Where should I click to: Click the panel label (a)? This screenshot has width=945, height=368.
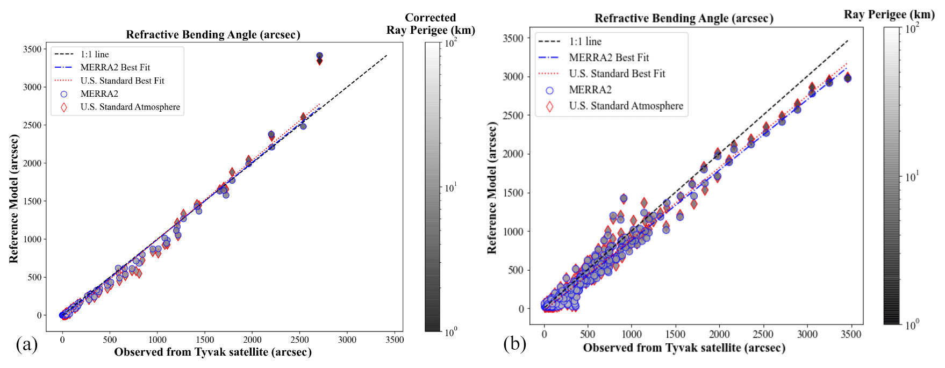click(27, 344)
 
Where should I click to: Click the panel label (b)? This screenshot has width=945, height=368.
click(514, 343)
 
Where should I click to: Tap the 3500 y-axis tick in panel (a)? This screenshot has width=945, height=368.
click(32, 49)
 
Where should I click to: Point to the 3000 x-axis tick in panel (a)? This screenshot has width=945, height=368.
click(347, 340)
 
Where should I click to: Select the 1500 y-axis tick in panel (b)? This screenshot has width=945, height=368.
click(513, 193)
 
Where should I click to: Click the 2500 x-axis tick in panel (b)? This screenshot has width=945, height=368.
click(763, 334)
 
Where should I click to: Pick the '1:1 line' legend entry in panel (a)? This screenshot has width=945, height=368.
click(95, 54)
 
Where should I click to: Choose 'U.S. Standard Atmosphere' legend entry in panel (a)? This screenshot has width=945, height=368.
click(130, 107)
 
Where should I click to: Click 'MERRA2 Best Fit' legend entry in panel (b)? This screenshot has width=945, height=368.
click(608, 57)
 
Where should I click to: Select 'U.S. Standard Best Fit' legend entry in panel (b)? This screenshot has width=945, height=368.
click(617, 74)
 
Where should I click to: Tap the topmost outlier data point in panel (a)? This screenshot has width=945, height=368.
click(319, 56)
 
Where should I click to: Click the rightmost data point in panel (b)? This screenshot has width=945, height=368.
click(848, 78)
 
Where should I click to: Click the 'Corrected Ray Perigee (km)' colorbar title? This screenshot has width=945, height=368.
click(430, 24)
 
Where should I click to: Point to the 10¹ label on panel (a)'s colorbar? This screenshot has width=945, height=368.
click(450, 187)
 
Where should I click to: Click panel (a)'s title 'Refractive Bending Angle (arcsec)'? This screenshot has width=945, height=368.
click(213, 35)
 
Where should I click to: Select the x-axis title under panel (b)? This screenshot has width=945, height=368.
click(684, 348)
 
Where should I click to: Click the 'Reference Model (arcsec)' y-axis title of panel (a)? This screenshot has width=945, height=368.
click(14, 199)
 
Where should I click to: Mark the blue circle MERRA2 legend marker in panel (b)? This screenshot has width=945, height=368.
click(549, 90)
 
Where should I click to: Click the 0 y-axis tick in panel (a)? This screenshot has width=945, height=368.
click(39, 315)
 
